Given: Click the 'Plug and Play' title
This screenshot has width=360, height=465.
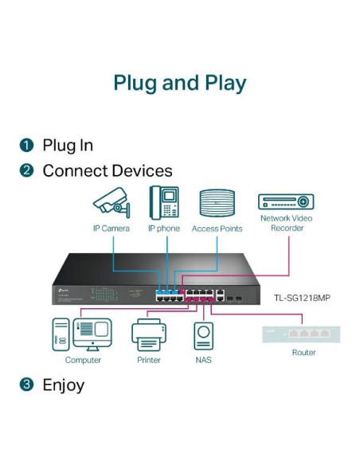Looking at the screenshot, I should pyautogui.click(x=179, y=83).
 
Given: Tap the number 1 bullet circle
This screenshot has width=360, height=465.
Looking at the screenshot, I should pyautogui.click(x=27, y=145).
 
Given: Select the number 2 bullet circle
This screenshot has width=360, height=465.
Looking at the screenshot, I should pyautogui.click(x=27, y=170).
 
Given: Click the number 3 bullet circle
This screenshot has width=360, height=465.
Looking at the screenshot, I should pyautogui.click(x=27, y=385).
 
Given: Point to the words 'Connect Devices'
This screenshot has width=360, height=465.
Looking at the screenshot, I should pyautogui.click(x=107, y=170).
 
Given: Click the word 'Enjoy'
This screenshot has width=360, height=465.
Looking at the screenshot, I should pyautogui.click(x=63, y=385).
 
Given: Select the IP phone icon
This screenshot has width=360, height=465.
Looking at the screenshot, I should pyautogui.click(x=163, y=202).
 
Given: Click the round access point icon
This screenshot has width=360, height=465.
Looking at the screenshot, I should pyautogui.click(x=217, y=203).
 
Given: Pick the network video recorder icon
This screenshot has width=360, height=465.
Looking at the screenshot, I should pyautogui.click(x=286, y=201).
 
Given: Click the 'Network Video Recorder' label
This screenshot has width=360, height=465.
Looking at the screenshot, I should pyautogui.click(x=286, y=222).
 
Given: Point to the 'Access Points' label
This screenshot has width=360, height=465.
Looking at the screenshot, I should pyautogui.click(x=217, y=229).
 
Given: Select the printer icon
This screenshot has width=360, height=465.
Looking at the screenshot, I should pyautogui.click(x=148, y=334).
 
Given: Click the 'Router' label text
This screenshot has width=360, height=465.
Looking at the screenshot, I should pyautogui.click(x=303, y=352).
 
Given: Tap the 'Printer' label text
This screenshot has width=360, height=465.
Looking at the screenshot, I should pyautogui.click(x=148, y=360).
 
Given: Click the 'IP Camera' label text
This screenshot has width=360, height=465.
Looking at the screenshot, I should pyautogui.click(x=110, y=229).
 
